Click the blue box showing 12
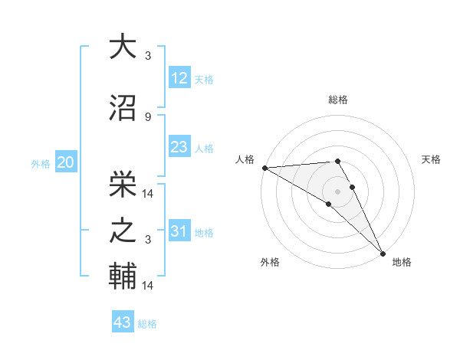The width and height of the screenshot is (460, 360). (179, 78)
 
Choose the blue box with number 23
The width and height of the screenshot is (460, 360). (179, 147)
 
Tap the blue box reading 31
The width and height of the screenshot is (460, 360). (179, 231)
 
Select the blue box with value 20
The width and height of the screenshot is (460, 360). (66, 162)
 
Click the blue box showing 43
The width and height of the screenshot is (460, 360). (123, 322)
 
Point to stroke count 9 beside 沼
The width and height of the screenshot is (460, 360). (148, 117)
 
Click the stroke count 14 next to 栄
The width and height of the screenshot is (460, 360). (148, 193)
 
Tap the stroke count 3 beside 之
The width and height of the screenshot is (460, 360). (148, 240)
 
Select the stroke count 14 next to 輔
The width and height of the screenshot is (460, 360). (148, 286)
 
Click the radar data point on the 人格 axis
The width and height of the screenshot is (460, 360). (264, 167)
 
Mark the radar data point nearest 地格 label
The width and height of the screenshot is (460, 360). (383, 253)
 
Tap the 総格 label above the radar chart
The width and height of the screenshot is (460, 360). (337, 100)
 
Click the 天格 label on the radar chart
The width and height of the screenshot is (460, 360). (431, 159)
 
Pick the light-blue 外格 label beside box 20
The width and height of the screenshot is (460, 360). (41, 163)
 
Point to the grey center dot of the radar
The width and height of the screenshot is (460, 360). (337, 191)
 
